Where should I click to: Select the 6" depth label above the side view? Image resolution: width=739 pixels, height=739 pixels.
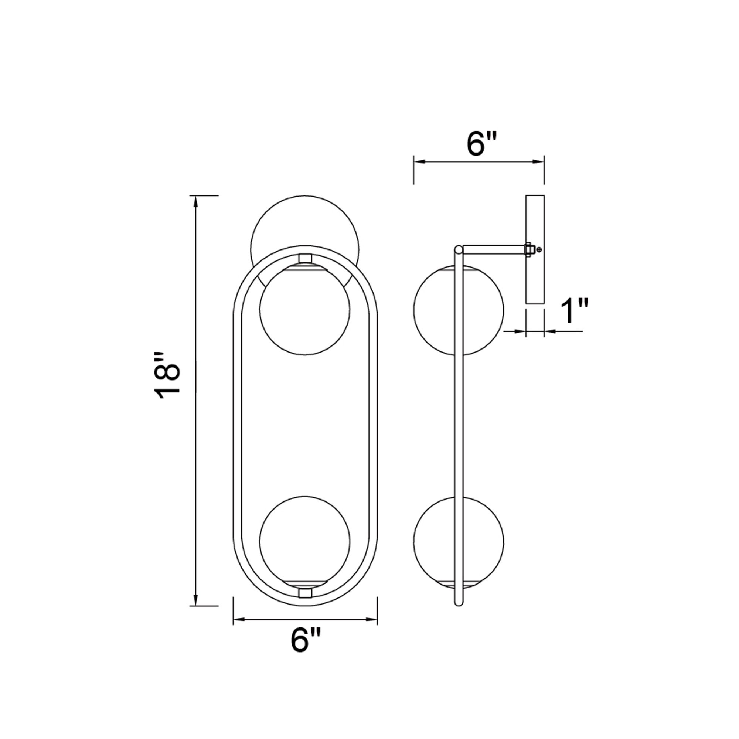[481, 145]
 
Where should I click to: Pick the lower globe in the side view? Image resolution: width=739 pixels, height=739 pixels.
[436, 541]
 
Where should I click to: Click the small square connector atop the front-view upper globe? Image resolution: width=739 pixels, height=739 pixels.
[305, 258]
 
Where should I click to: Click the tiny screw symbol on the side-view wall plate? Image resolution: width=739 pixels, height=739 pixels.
[539, 249]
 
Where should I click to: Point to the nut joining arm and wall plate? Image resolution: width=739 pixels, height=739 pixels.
[529, 249]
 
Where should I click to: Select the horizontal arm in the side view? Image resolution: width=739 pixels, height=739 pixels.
[493, 249]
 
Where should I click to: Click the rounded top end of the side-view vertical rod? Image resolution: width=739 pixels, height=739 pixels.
[458, 250]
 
